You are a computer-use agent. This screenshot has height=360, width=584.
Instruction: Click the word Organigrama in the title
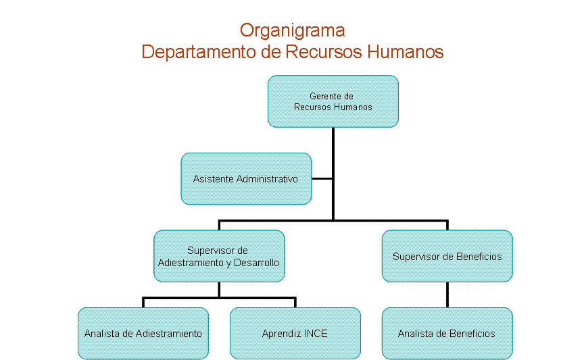[x=293, y=31]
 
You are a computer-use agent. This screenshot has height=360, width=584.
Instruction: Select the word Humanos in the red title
[x=406, y=51]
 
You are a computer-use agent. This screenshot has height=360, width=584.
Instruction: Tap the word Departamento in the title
[x=199, y=52]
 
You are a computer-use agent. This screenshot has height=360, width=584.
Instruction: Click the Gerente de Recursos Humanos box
[x=333, y=101]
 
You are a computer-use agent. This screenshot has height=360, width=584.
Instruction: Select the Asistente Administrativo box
[x=246, y=179]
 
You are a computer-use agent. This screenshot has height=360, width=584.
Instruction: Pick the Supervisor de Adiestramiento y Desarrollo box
[x=219, y=256]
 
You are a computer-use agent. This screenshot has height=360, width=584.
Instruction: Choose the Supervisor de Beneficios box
[x=447, y=256]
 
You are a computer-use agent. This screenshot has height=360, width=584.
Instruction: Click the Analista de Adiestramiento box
[x=143, y=334]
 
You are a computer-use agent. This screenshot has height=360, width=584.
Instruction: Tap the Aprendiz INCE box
[x=295, y=334]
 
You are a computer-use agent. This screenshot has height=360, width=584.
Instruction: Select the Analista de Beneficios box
[x=447, y=334]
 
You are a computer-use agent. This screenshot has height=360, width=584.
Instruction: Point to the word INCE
[x=316, y=334]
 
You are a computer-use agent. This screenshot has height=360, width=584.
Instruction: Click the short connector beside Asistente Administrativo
[x=322, y=179]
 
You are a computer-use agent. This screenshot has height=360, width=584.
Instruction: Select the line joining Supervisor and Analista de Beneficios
[x=447, y=295]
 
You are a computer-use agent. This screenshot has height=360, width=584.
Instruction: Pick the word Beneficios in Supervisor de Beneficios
[x=479, y=257]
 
